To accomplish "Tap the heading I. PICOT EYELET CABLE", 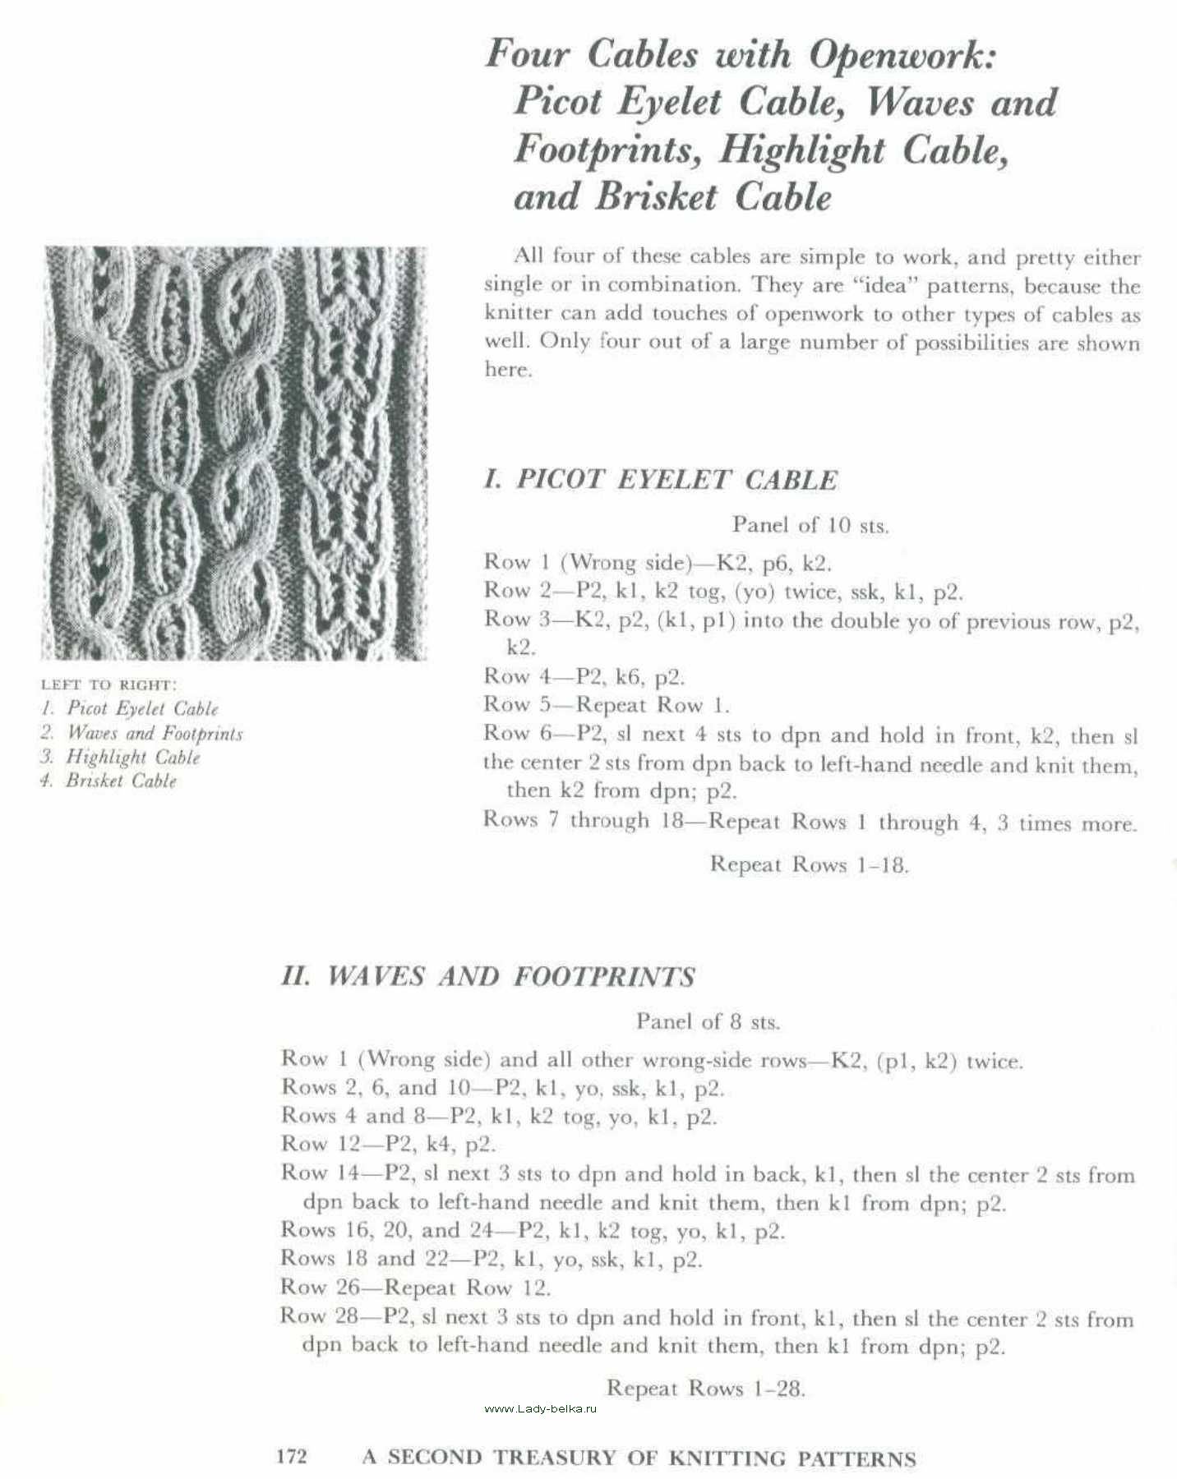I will click(661, 480).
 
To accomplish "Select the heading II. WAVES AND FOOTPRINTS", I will click(487, 976).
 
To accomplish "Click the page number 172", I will click(292, 1458).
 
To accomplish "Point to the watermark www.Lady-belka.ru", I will click(540, 1408).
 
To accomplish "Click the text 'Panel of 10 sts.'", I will click(810, 525).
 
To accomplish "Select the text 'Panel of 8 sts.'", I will click(708, 1022).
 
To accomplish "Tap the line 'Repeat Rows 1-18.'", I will click(810, 864).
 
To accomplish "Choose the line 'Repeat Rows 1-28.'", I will click(706, 1389).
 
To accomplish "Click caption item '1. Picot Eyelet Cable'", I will click(130, 708).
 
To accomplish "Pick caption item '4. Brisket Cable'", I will click(108, 781).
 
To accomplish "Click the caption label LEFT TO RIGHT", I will click(108, 684).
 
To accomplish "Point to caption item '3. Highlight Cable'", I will click(120, 757).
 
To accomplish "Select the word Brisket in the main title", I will click(656, 197).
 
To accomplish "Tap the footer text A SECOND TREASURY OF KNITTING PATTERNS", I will click(639, 1458).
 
